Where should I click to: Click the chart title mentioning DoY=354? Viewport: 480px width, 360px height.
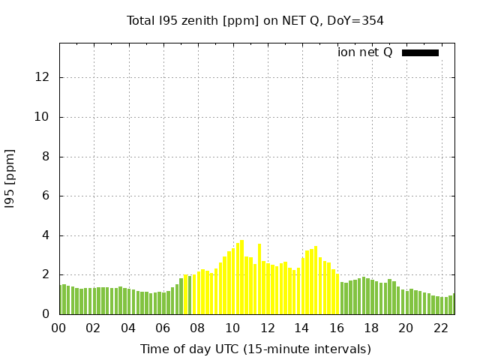[255, 21]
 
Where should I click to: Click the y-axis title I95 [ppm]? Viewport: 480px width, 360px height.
[10, 177]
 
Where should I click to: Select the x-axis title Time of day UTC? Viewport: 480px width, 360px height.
[255, 349]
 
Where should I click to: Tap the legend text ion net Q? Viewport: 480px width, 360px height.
[364, 52]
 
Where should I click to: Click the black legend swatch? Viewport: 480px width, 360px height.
[420, 52]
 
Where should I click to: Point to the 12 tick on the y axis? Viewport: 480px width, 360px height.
[43, 77]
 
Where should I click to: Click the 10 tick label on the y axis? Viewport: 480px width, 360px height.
[43, 117]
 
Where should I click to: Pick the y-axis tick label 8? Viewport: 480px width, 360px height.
[46, 157]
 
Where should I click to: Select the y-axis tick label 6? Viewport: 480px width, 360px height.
[46, 196]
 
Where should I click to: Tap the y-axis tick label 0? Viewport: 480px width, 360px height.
[46, 314]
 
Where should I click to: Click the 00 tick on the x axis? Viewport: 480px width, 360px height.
[59, 328]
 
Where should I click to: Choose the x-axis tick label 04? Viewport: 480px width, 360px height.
[128, 328]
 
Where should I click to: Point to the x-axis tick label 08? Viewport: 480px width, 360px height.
[197, 328]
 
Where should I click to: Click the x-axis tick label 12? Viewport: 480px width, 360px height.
[267, 328]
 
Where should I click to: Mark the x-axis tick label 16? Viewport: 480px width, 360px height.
[336, 328]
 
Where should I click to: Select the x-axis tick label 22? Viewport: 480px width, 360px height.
[440, 328]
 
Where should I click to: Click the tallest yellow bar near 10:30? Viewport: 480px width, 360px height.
[241, 277]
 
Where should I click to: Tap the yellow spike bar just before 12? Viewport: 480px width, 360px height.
[259, 279]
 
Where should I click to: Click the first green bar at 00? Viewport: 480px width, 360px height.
[61, 300]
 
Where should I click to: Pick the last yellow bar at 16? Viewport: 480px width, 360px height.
[337, 294]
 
